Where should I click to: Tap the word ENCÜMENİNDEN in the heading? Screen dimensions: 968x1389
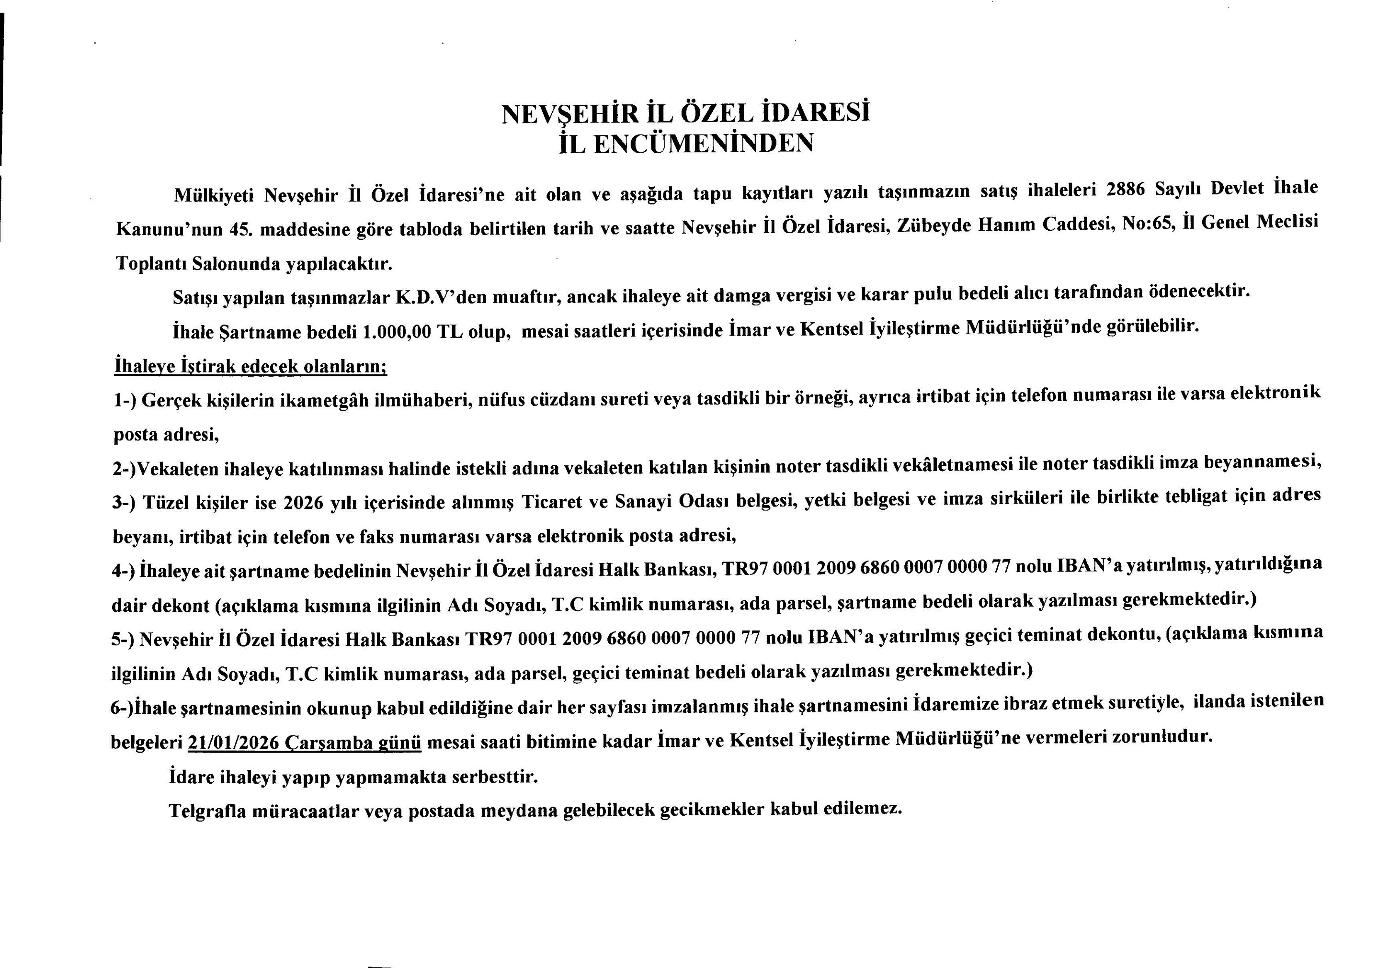[x=703, y=144]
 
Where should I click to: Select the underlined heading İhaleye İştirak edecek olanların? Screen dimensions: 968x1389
[x=250, y=366]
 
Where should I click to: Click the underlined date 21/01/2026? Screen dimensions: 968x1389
[x=234, y=742]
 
